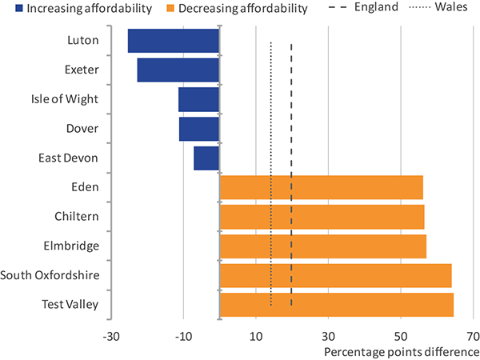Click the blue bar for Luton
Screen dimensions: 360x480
174,41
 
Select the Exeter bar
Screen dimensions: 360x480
178,70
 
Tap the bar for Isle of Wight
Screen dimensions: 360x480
198,99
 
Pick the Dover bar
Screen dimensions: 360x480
199,129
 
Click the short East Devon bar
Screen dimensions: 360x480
206,158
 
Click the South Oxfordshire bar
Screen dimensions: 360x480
335,275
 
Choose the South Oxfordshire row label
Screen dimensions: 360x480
50,275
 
